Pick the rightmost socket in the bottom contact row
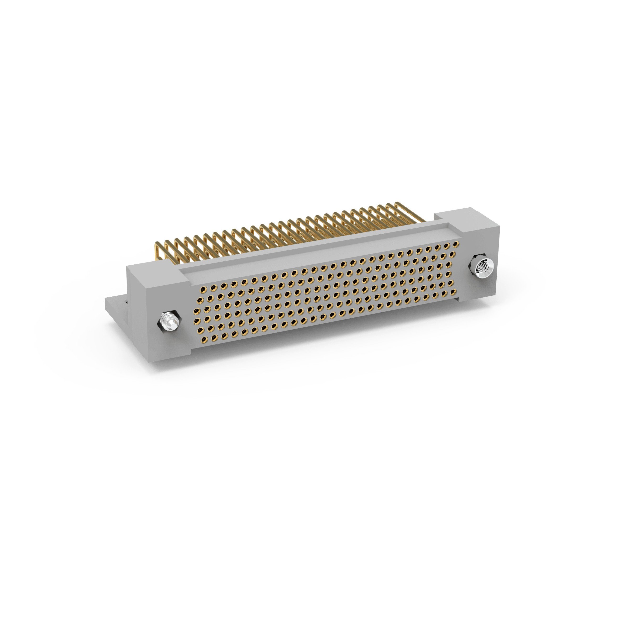(453, 292)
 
